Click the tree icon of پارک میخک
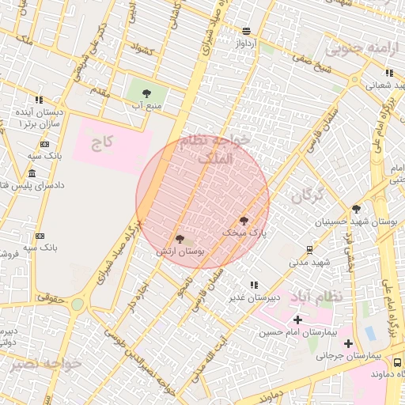pos(243,221)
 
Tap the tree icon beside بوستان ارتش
pos(180,238)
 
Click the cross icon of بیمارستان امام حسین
pos(297,320)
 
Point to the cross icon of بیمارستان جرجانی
pos(348,343)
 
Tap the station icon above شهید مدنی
pos(308,249)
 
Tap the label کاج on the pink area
pos(103,143)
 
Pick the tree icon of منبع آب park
pos(147,93)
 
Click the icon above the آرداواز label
pos(247,30)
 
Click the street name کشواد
pos(143,50)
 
